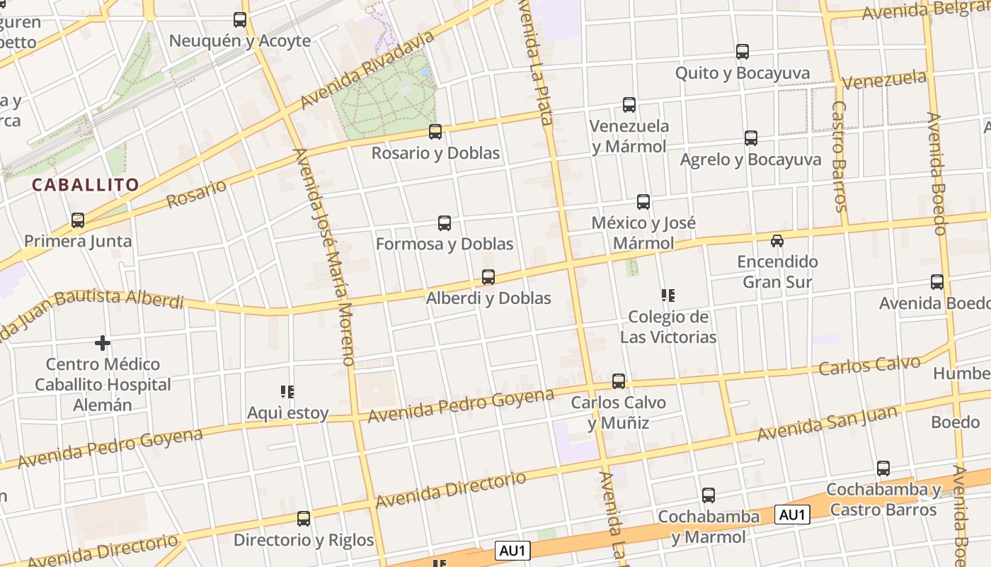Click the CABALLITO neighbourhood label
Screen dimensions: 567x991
(x=85, y=185)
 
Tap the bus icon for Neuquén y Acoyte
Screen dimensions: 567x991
(x=240, y=20)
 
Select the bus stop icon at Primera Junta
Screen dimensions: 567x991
(x=78, y=220)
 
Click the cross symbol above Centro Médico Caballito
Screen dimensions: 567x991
(x=103, y=344)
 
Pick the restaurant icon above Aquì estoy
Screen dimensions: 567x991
(x=287, y=391)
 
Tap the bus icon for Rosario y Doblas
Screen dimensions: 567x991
(x=435, y=132)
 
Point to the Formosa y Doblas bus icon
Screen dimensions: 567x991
(x=445, y=223)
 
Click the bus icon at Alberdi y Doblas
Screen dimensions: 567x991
(x=488, y=277)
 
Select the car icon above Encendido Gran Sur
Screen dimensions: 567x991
(x=777, y=241)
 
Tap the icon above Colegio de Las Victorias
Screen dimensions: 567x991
(x=668, y=296)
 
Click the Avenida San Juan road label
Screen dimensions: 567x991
(x=827, y=423)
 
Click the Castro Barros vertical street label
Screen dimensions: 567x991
(x=840, y=156)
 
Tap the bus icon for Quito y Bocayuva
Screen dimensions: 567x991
(x=743, y=52)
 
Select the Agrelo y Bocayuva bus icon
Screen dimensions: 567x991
(x=751, y=138)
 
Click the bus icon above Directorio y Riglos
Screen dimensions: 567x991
(x=304, y=519)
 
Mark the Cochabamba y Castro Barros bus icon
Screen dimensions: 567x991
(x=883, y=468)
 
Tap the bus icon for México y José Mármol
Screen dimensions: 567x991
(x=643, y=202)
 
